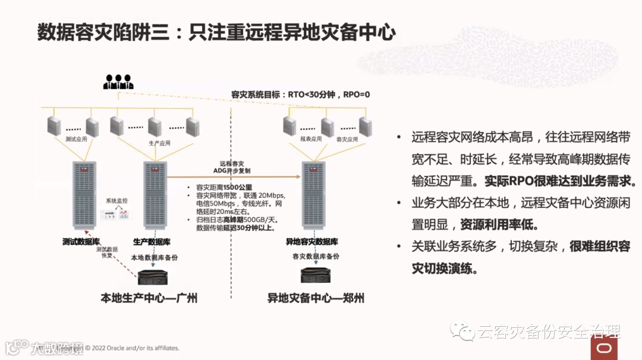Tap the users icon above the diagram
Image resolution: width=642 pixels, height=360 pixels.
coord(118,81)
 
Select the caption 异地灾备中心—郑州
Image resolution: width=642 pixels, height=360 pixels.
coord(316,298)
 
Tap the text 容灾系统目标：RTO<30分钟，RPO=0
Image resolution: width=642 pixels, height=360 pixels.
coord(300,94)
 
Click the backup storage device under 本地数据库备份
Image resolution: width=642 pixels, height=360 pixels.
coord(155,277)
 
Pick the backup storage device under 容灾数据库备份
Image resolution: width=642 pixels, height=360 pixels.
coord(316,275)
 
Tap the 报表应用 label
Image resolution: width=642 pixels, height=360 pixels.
coord(311,139)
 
